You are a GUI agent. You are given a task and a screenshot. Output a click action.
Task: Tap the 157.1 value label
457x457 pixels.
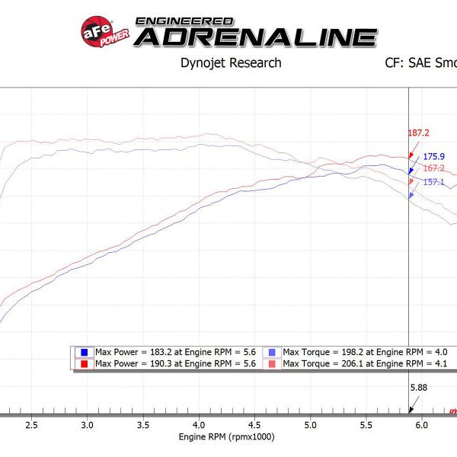pos(433,182)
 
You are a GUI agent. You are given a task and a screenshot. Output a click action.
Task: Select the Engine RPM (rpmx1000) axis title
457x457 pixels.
pos(226,437)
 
